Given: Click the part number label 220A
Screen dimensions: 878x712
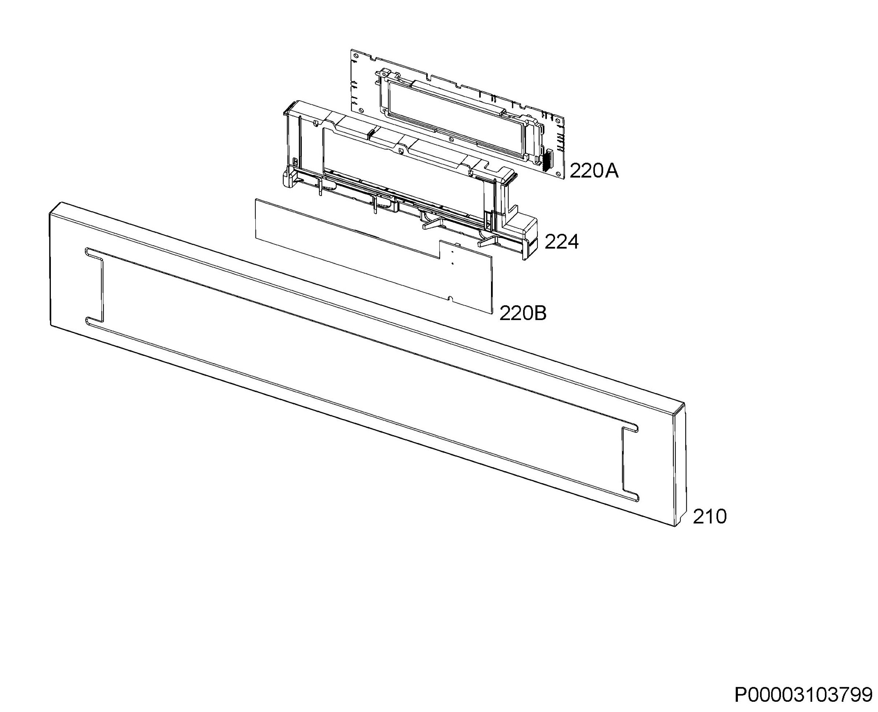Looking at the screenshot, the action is (x=594, y=171).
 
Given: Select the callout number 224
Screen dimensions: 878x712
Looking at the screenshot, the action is (x=561, y=242).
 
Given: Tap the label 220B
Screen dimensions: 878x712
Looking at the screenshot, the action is (x=523, y=313).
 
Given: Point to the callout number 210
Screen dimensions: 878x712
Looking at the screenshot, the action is (x=709, y=517).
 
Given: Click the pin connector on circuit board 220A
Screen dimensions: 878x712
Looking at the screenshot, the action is (x=547, y=161).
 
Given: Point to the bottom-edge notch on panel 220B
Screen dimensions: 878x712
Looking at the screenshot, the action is (x=450, y=297).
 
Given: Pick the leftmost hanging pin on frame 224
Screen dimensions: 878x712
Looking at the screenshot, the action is (x=319, y=186).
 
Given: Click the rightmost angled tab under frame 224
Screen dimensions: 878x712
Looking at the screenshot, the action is (x=488, y=242).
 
